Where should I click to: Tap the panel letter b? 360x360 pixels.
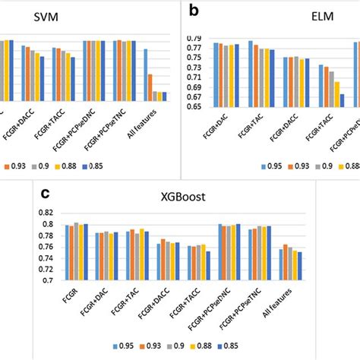coord(195,11)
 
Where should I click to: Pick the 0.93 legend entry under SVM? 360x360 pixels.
coord(16,166)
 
